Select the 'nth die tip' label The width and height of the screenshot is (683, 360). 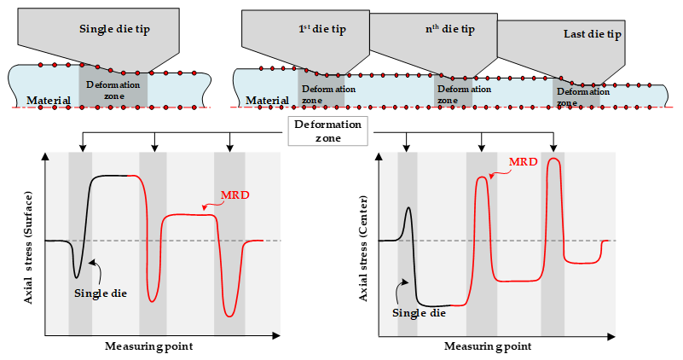tap(449, 30)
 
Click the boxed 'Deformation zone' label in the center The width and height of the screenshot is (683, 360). tap(328, 131)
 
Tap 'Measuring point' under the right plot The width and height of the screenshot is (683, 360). tap(487, 346)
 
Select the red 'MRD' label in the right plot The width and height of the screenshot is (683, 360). tap(524, 162)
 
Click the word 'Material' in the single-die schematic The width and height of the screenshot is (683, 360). tap(49, 102)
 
